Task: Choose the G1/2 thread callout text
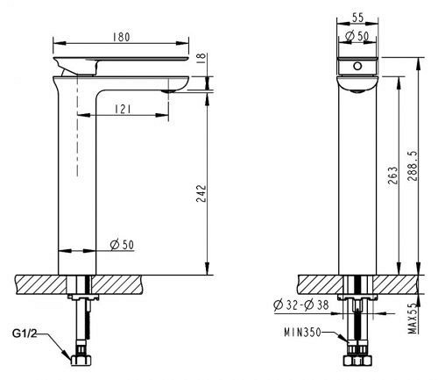coord(27,334)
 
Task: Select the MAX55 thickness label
coord(412,317)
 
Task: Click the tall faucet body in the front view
coord(357,176)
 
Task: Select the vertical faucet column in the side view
coord(76,176)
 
